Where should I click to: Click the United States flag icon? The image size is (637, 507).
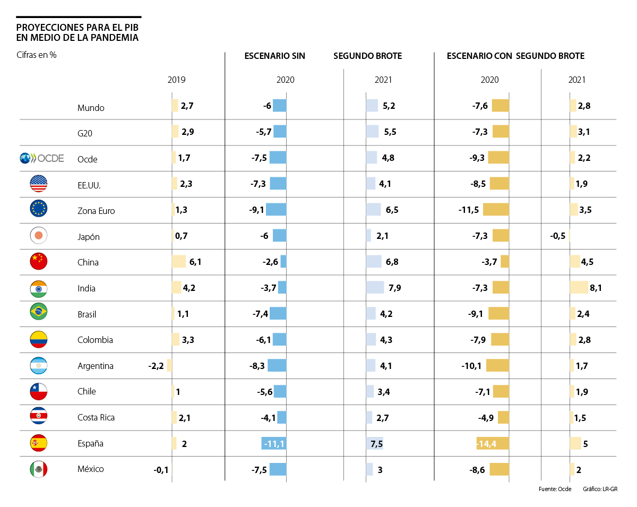coord(39,184)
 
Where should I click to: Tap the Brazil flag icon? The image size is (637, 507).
coord(39,313)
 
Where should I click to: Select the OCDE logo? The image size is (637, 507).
coord(41,158)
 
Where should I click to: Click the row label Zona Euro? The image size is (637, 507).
coord(96,211)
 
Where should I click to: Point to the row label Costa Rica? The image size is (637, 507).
coord(96,417)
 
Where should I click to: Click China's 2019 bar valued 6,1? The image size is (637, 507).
coord(179,261)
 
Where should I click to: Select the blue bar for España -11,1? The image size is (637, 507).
coord(273,443)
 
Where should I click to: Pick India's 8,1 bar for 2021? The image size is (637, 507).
coord(579,287)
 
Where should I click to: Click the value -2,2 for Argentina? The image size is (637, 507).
coord(157,366)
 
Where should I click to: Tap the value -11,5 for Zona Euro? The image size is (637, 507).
coord(469,210)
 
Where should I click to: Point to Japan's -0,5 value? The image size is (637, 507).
coord(557,236)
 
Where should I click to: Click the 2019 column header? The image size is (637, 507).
coord(177,80)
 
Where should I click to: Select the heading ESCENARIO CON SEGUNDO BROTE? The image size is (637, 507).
coord(515,56)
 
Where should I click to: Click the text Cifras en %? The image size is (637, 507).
coord(37,55)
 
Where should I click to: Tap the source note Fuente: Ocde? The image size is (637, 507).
coord(554,489)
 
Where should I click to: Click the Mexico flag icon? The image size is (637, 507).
coord(39,469)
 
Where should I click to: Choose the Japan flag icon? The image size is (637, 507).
coord(39,235)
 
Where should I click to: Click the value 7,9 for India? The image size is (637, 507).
coord(394,288)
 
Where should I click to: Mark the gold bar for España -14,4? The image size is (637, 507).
coord(493,443)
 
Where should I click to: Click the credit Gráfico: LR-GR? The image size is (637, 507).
coord(600,489)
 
